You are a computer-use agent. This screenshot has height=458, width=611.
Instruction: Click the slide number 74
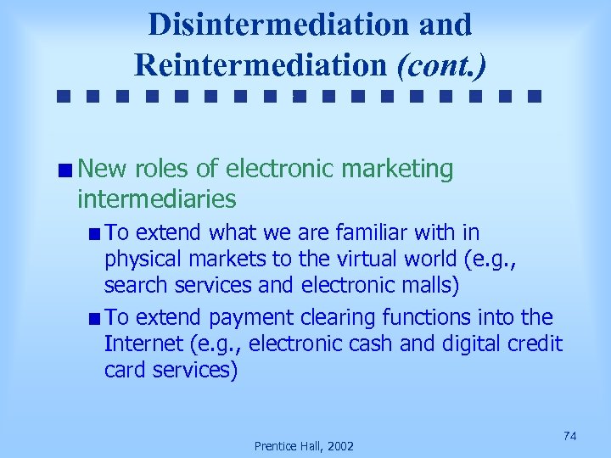[570, 435]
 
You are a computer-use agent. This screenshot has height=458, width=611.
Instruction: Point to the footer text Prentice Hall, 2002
[305, 446]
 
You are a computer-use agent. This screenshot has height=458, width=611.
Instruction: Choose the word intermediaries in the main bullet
[156, 199]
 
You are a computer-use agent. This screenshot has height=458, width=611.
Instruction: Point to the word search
[132, 286]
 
